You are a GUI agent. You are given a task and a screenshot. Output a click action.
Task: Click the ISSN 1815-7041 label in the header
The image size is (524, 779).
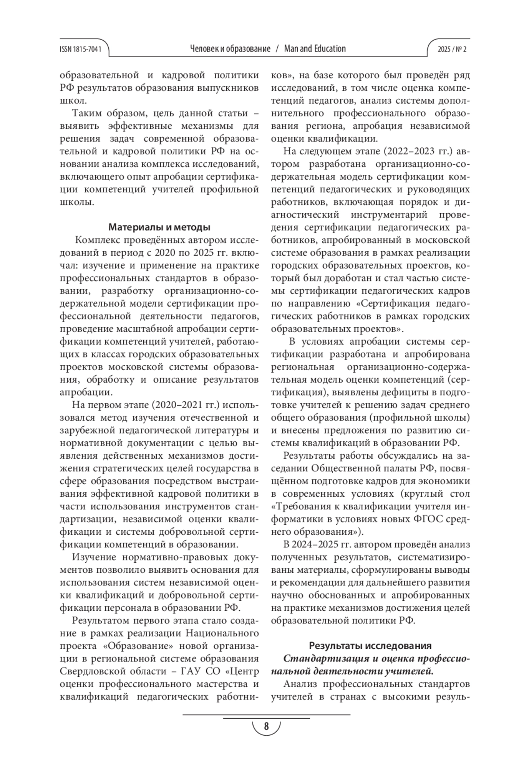coord(80,49)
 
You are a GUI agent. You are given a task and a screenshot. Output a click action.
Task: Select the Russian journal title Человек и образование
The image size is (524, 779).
coord(230,48)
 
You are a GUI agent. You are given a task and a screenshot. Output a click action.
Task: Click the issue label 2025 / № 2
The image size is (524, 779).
coord(452,49)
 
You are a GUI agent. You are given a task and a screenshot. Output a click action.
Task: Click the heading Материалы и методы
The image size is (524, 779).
coord(159,227)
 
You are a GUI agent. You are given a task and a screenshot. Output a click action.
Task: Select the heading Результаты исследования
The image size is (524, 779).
coord(370,646)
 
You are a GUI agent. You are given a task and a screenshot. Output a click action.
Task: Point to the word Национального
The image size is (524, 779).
coord(222,634)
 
